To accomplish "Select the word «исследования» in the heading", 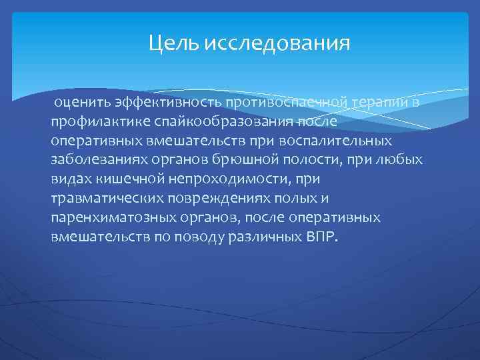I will click(277, 44).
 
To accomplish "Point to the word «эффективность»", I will click(169, 101).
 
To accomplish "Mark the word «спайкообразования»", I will click(220, 122).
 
